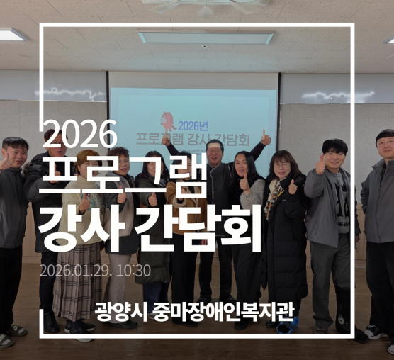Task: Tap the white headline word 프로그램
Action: point(125,176)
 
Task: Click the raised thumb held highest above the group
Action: point(265,135)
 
